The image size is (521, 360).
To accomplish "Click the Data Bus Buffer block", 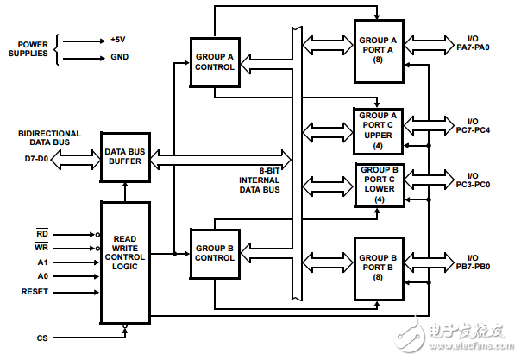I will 124,156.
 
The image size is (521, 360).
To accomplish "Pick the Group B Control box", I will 214,252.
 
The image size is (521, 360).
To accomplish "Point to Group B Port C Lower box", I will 378,183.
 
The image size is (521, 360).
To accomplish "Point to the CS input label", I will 41,337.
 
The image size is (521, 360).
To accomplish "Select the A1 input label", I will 42,262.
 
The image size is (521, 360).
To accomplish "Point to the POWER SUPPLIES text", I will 28,47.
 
